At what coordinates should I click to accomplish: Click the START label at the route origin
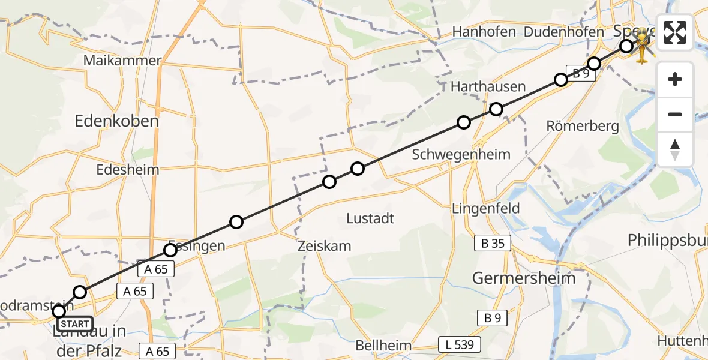[x=75, y=324]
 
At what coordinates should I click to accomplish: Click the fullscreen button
[x=675, y=32]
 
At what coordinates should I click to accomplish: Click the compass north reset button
[x=675, y=149]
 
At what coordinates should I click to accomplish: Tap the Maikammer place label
[x=123, y=61]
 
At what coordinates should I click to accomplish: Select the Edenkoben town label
[x=116, y=121]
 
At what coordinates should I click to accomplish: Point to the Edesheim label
[x=128, y=170]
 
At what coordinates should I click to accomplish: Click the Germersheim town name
[x=524, y=278]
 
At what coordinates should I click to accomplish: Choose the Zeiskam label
[x=324, y=246]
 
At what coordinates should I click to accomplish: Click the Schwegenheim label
[x=461, y=154]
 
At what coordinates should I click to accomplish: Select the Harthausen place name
[x=488, y=87]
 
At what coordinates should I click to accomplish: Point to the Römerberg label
[x=574, y=126]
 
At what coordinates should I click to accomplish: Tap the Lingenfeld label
[x=486, y=209]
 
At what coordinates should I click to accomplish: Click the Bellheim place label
[x=383, y=346]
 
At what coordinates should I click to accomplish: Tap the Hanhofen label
[x=484, y=32]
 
